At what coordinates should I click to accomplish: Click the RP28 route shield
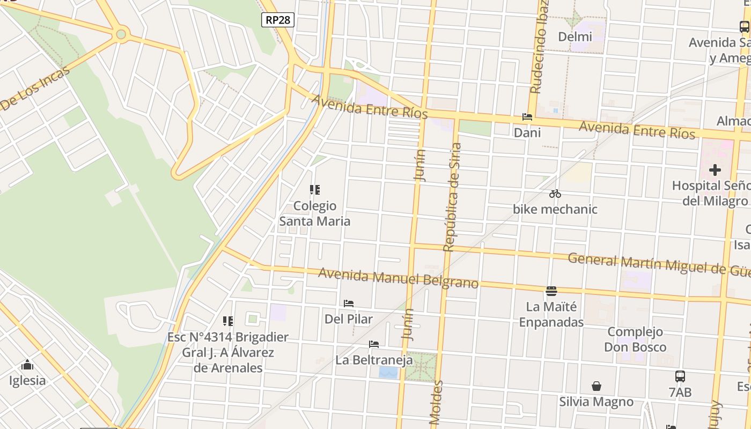pos(278,20)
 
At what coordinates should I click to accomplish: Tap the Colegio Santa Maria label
pos(315,213)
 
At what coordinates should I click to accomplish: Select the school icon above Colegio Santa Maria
pos(315,190)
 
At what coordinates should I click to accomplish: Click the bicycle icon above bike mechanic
pos(555,194)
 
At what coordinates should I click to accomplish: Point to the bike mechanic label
pos(555,209)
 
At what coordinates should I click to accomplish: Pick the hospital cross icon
pos(715,171)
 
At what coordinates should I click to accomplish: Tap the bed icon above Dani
pos(527,117)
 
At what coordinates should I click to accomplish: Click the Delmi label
pos(575,37)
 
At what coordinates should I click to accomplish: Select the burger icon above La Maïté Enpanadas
pos(551,291)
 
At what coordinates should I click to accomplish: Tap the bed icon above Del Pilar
pos(349,304)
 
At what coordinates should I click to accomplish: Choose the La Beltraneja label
pos(374,360)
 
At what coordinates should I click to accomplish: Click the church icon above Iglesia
pos(27,366)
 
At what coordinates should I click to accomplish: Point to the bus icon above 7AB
pos(680,376)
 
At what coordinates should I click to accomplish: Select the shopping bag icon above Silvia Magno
pos(596,386)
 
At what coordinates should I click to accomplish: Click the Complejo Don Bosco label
pos(635,339)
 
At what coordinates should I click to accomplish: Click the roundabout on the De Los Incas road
pos(121,35)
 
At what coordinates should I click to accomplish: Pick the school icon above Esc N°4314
pos(228,321)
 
